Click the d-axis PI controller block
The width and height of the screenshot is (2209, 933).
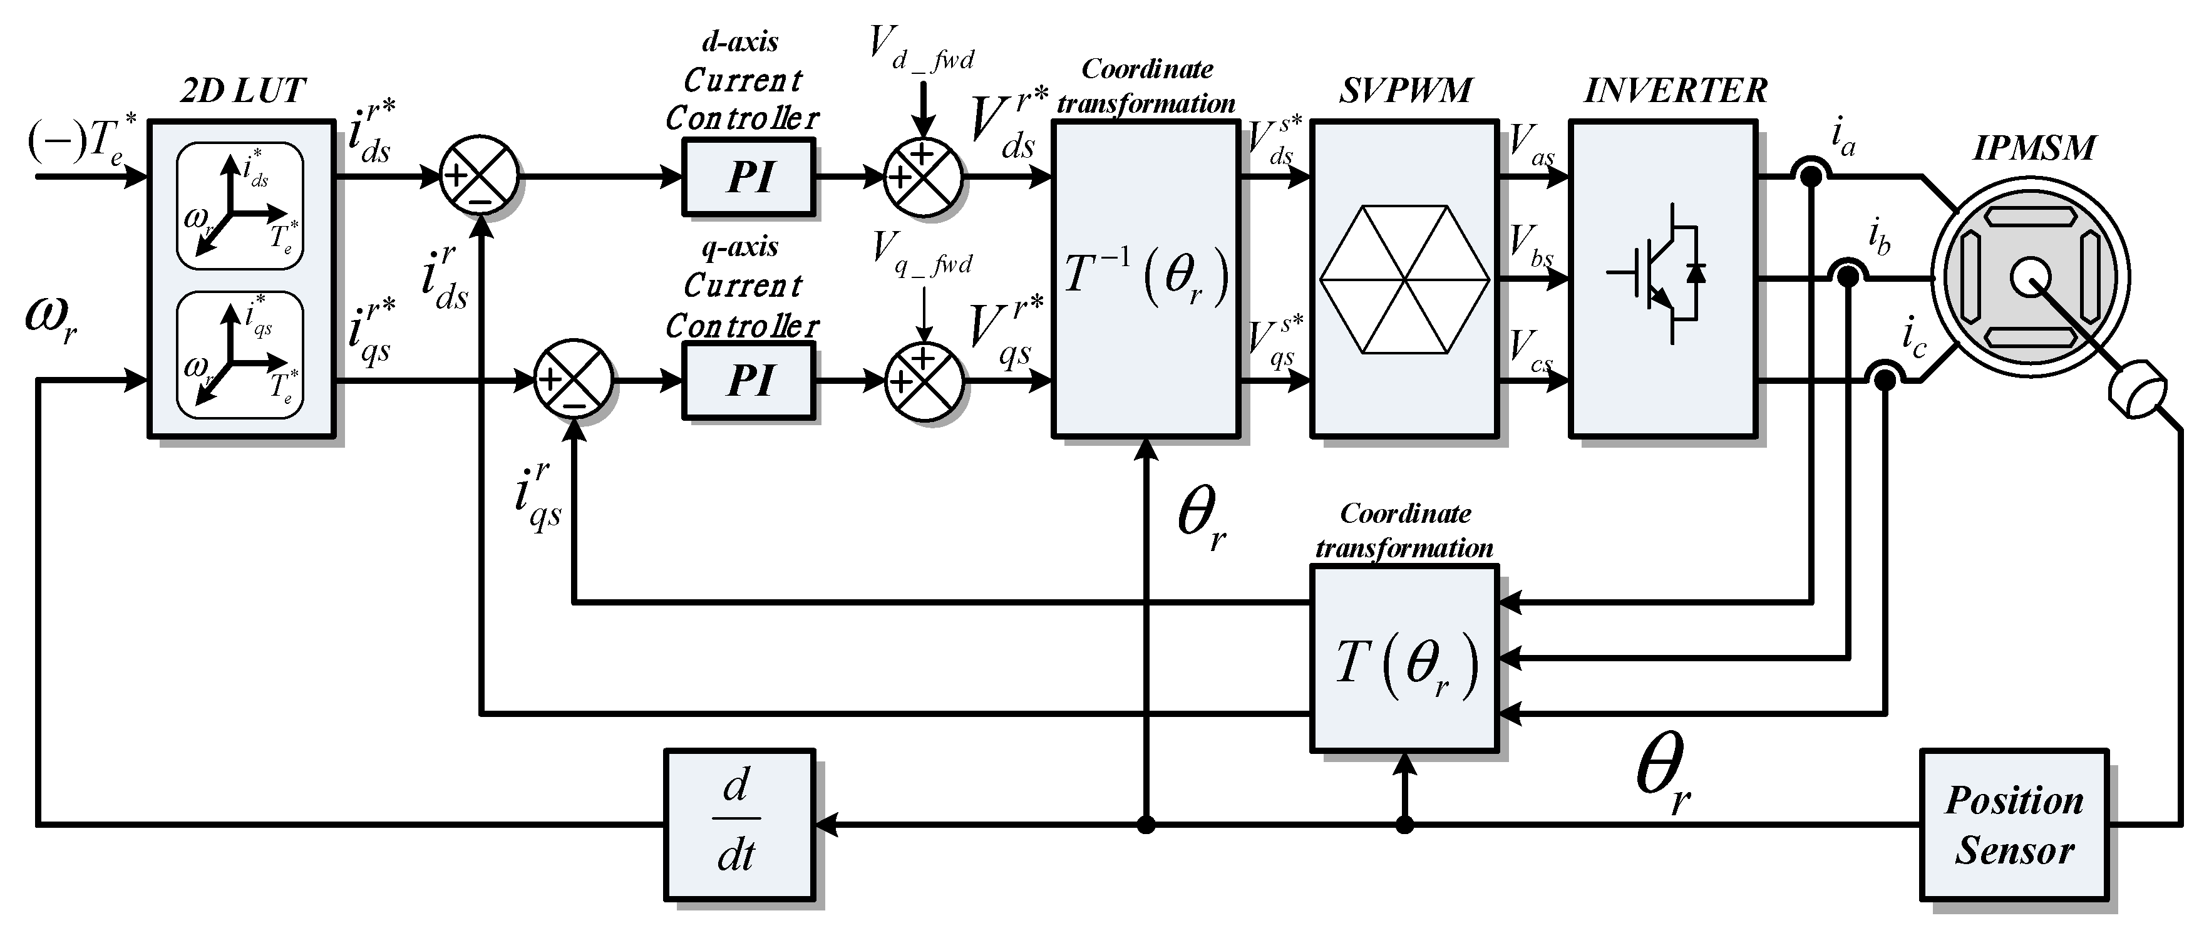click(748, 177)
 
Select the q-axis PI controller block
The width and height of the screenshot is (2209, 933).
click(748, 381)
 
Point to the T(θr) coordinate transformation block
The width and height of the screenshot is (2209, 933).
click(1404, 659)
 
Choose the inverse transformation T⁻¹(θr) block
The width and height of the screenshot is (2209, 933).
click(1146, 279)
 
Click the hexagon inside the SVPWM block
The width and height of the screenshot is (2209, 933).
click(1404, 279)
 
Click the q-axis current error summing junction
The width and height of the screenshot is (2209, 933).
click(573, 380)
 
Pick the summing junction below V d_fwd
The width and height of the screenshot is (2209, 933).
click(924, 177)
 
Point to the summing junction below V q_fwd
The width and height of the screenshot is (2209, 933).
click(924, 381)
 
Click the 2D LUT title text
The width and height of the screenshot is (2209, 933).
click(243, 91)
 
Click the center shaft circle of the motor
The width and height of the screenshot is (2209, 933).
click(2030, 279)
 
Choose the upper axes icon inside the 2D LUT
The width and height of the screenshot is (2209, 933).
click(240, 206)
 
